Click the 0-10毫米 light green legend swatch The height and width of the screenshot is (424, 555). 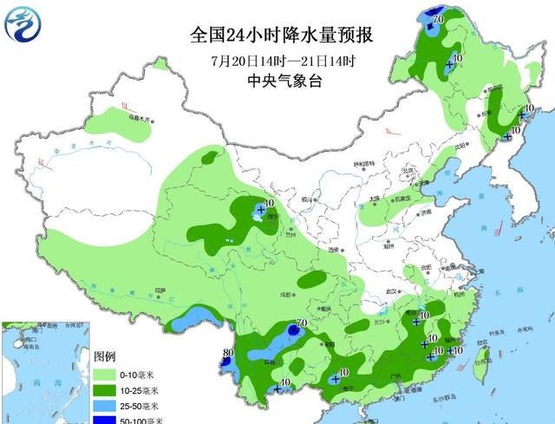[x=105, y=374]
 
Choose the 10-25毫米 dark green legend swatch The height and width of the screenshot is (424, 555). [x=105, y=389]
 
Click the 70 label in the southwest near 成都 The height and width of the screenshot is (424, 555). [x=301, y=324]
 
